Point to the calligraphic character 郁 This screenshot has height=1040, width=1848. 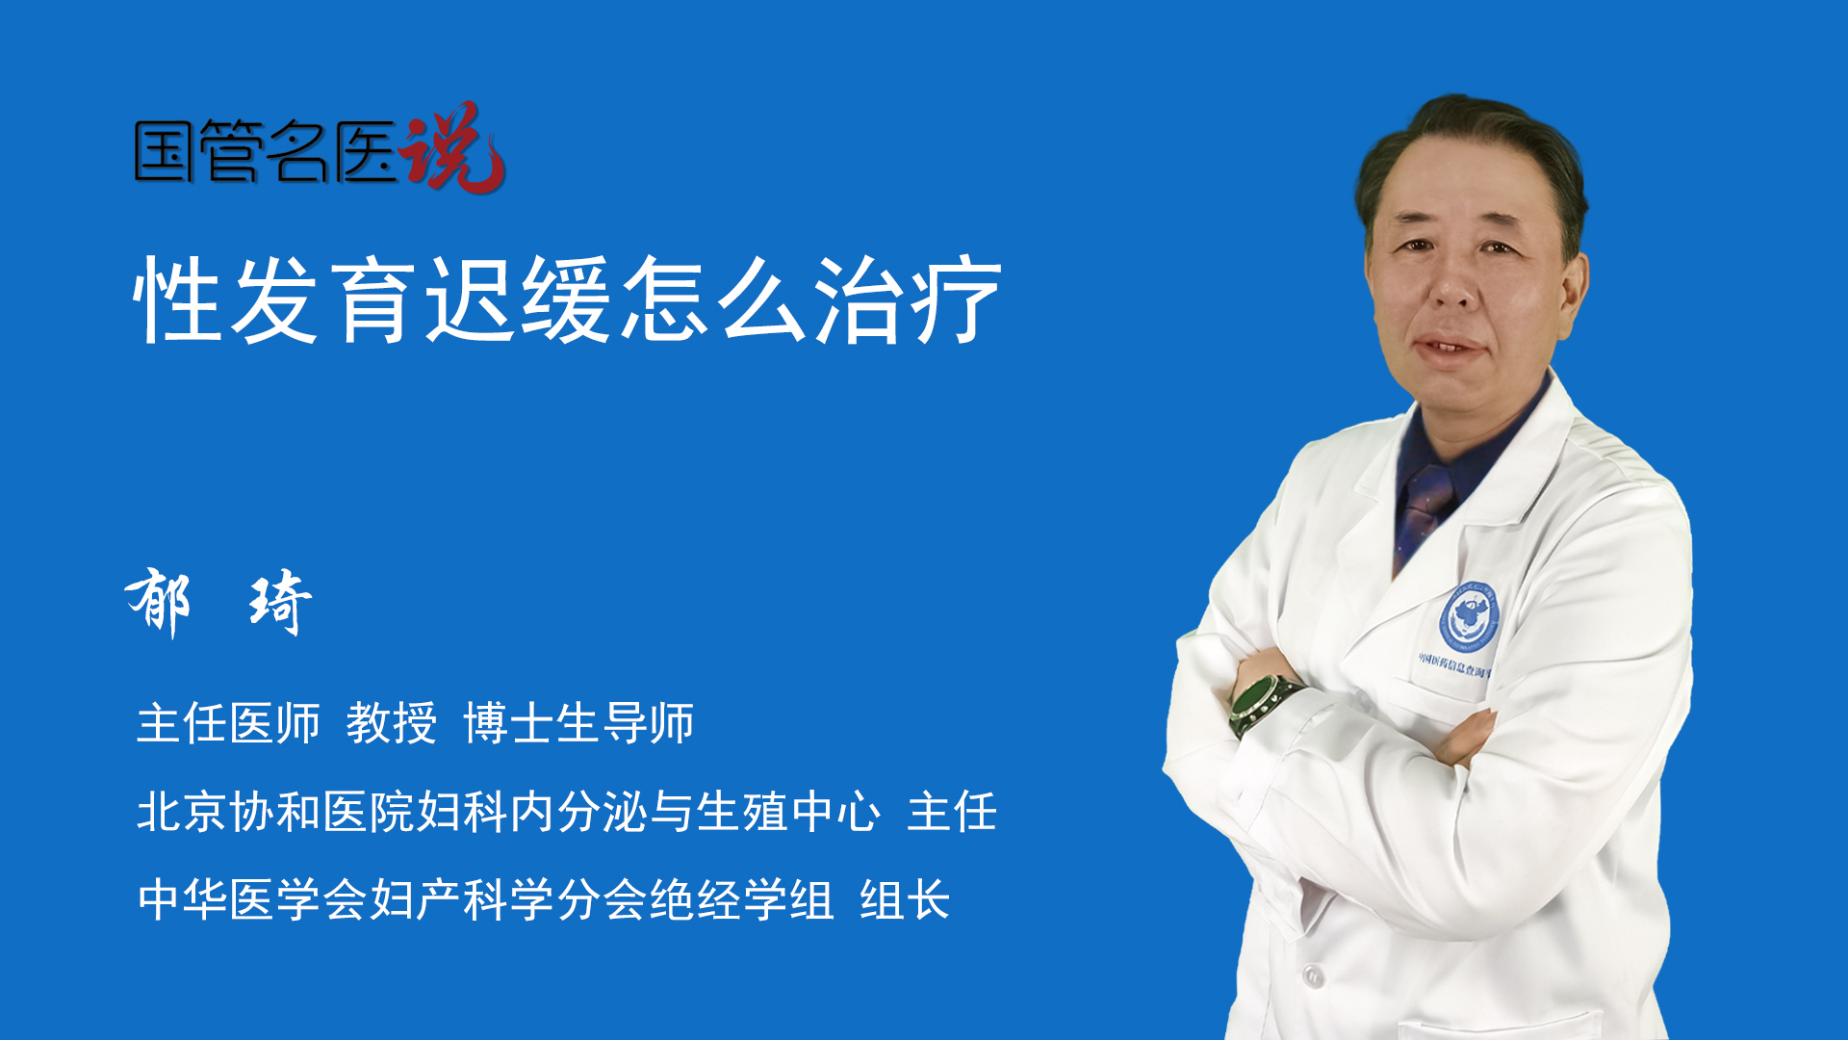click(158, 602)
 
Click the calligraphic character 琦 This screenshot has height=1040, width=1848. click(280, 602)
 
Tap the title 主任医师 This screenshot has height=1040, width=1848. click(228, 723)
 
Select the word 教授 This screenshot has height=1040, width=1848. click(392, 723)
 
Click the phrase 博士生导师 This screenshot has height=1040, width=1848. click(578, 723)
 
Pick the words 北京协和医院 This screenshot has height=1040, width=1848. click(275, 811)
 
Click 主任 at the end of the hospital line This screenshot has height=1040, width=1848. click(952, 811)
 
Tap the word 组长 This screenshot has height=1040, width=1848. click(905, 900)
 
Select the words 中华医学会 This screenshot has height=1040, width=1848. click(252, 900)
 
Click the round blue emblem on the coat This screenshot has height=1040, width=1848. click(1469, 617)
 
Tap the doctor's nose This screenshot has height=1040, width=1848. click(1452, 284)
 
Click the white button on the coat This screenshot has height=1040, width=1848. click(1313, 975)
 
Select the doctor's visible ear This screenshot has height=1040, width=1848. click(1573, 294)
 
